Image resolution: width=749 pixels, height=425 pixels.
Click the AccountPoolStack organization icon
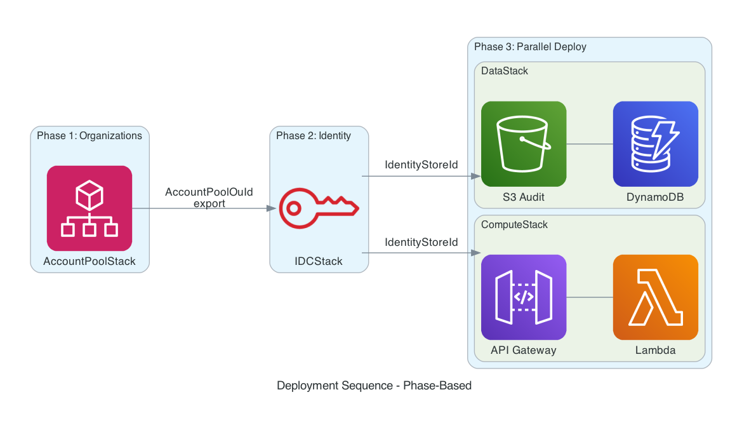click(x=89, y=208)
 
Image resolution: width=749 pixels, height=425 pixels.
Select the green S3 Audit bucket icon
click(x=524, y=144)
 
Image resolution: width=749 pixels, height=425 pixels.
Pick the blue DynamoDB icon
click(x=655, y=144)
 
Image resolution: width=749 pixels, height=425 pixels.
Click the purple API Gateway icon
click(x=524, y=297)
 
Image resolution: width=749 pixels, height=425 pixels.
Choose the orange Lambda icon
click(x=655, y=297)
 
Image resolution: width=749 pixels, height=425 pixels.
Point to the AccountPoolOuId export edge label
click(x=209, y=198)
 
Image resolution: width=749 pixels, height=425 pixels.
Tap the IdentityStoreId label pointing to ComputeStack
click(x=421, y=242)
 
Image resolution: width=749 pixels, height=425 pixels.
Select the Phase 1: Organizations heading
click(x=89, y=135)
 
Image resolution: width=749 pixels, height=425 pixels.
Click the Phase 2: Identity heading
click(x=314, y=135)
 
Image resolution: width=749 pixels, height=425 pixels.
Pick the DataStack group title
click(x=505, y=71)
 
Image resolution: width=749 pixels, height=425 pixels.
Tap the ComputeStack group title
click(x=514, y=224)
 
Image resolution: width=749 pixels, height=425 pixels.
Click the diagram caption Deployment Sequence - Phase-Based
click(x=374, y=386)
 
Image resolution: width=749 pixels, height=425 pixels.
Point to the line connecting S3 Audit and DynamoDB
click(x=589, y=144)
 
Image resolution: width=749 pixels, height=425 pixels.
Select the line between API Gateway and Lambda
click(x=589, y=297)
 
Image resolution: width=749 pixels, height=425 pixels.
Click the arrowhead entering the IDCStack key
click(x=272, y=208)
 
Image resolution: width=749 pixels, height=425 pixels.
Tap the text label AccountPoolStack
click(x=89, y=261)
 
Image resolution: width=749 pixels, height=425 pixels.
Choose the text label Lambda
click(x=655, y=350)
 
